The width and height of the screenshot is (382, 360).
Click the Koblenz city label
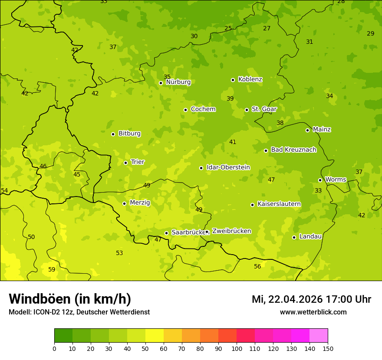point(250,79)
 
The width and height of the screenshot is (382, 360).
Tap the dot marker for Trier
point(125,163)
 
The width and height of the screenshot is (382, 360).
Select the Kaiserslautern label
point(279,204)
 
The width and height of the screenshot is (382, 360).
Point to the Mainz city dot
point(307,130)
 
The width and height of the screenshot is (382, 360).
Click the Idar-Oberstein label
point(228,167)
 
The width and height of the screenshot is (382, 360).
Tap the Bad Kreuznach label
point(293,150)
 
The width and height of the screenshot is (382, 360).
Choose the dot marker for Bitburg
point(113,134)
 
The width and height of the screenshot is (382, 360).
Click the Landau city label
point(310,236)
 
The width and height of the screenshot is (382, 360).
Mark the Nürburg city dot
point(161,83)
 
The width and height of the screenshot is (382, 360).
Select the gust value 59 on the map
point(52,269)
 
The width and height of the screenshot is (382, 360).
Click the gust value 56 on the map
point(257,266)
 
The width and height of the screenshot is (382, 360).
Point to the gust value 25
point(228,29)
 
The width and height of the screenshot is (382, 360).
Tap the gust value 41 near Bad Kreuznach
point(233,142)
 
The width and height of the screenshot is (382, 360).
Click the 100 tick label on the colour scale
point(237,348)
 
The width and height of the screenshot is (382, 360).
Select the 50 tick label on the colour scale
point(145,348)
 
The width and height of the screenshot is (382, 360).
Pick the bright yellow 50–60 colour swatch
point(155,336)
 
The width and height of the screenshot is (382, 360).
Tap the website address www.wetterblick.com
point(313,312)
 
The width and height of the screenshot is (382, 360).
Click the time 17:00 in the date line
point(339,299)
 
